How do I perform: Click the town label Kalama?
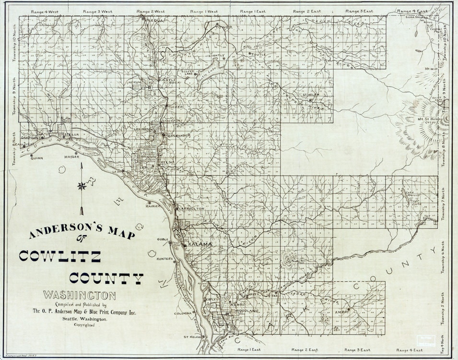click(200, 244)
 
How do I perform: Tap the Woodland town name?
click(247, 311)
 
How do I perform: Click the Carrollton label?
click(191, 209)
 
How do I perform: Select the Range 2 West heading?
click(150, 11)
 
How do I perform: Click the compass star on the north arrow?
click(82, 186)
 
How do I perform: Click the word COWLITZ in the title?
click(60, 256)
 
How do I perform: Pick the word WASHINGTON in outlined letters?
click(79, 295)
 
